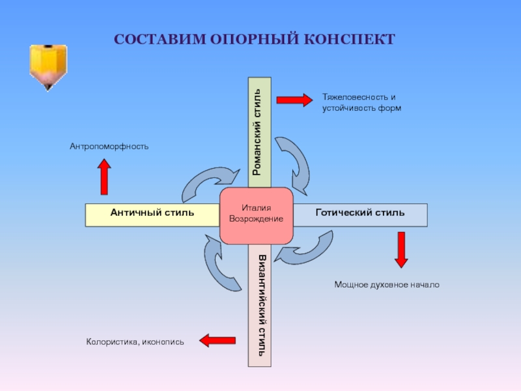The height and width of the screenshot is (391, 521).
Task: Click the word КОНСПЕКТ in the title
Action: (x=348, y=39)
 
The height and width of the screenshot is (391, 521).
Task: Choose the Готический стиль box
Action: (x=359, y=213)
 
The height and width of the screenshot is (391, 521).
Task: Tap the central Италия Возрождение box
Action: (x=256, y=215)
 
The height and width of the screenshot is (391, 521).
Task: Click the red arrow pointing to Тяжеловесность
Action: (x=294, y=100)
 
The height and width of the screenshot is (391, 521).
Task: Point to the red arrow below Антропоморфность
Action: (x=104, y=177)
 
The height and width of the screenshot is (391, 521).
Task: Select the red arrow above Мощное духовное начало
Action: (x=401, y=250)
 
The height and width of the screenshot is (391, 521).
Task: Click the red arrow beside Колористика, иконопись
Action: (x=218, y=340)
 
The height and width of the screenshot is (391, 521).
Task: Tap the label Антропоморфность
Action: (x=109, y=147)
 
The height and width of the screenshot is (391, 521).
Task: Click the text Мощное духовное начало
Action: (x=387, y=285)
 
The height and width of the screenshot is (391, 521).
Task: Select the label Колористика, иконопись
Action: (x=135, y=341)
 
